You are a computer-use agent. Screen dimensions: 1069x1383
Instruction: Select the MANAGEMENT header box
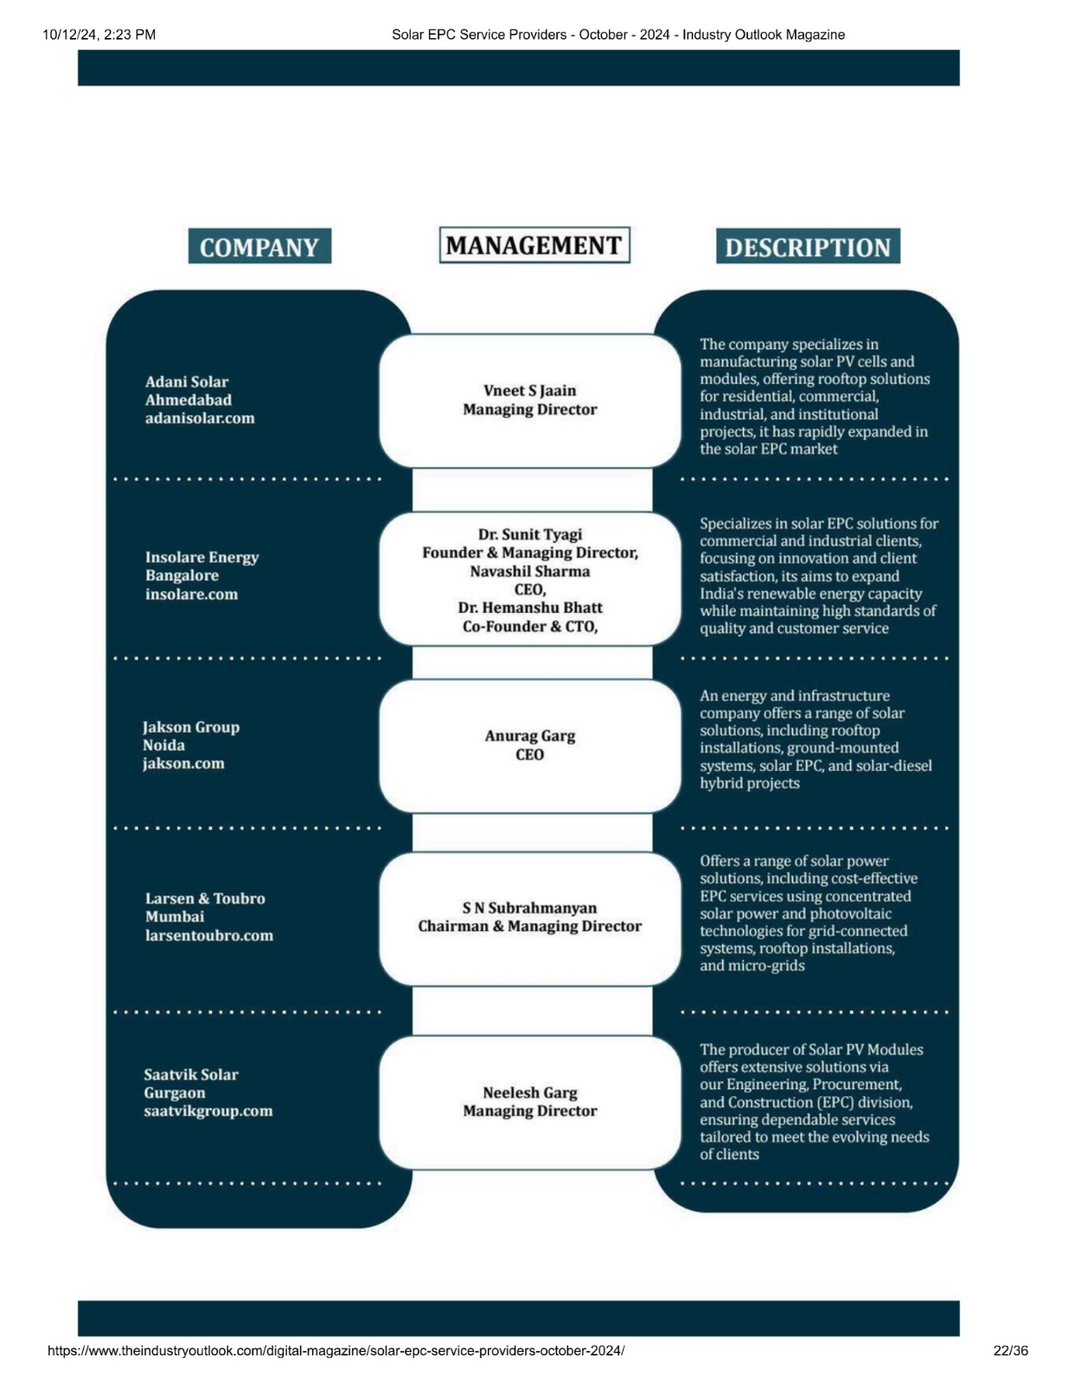click(x=534, y=245)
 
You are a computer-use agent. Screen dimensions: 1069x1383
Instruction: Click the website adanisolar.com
click(x=199, y=418)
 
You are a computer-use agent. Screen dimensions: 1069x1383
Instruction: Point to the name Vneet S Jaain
click(x=529, y=390)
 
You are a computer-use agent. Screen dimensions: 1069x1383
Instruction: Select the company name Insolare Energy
click(x=202, y=557)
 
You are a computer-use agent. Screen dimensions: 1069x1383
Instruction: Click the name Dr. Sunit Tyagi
click(x=529, y=534)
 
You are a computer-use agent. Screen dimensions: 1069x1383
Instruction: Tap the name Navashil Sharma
click(x=529, y=570)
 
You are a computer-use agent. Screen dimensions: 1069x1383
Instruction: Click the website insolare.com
click(x=191, y=594)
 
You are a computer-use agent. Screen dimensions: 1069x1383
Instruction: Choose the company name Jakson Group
click(x=191, y=727)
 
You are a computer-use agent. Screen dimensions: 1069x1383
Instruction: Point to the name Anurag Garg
click(x=529, y=736)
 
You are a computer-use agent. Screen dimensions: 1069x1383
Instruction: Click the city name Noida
click(x=163, y=744)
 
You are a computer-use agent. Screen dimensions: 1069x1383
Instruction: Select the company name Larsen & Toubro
click(x=205, y=898)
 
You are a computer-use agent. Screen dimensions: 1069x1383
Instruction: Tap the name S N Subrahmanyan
click(x=529, y=908)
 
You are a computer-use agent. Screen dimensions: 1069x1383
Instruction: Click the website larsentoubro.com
click(x=208, y=935)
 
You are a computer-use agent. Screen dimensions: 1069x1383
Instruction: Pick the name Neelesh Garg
click(x=529, y=1093)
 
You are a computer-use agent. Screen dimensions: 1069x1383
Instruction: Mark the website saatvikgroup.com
click(x=208, y=1111)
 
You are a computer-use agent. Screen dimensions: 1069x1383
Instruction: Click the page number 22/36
click(x=1010, y=1350)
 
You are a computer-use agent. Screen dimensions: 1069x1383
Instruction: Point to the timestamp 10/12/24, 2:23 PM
click(x=99, y=35)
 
